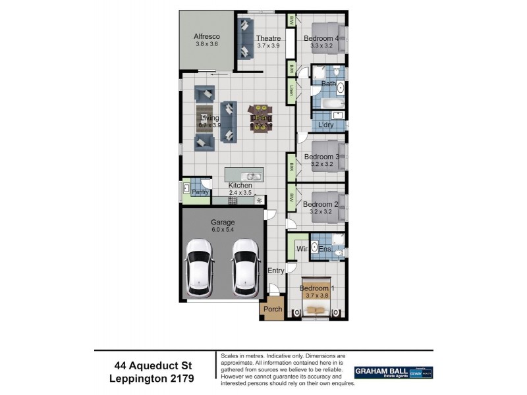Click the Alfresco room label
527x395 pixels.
coord(206,36)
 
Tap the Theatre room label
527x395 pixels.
coord(267,38)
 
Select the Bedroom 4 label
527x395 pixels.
coord(321,38)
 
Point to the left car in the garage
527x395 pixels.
coord(199,266)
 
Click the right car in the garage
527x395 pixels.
coord(244,266)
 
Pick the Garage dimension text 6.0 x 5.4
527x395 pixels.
coord(222,230)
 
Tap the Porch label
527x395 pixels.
coord(273,309)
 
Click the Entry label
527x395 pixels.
coord(275,271)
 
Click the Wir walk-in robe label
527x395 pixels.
coord(302,249)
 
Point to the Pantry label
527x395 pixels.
coord(200,192)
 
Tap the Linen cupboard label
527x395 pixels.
coord(291,90)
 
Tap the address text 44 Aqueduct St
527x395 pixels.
coord(153,365)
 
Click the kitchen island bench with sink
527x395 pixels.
coord(244,175)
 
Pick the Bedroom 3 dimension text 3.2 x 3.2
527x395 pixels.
coord(321,165)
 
